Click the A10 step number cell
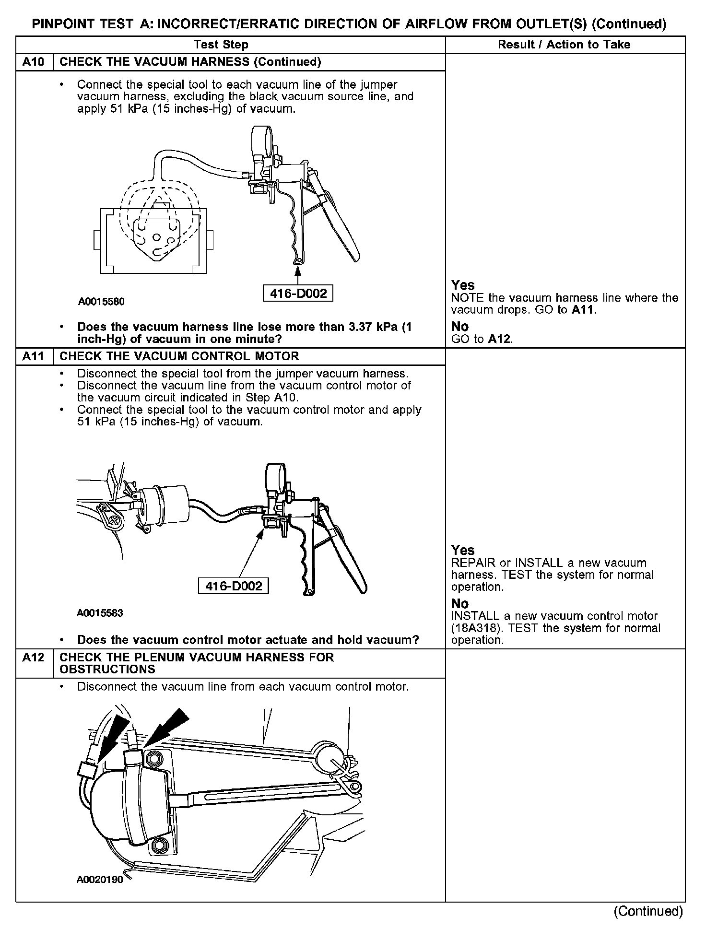pyautogui.click(x=33, y=62)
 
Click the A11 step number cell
pyautogui.click(x=33, y=356)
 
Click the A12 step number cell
pyautogui.click(x=33, y=658)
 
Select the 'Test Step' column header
pyautogui.click(x=221, y=45)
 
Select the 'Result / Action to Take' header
pyautogui.click(x=564, y=45)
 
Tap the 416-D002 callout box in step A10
pyautogui.click(x=298, y=294)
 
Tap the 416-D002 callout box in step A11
pyautogui.click(x=234, y=586)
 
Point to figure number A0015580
pyautogui.click(x=101, y=302)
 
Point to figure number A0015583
pyautogui.click(x=100, y=613)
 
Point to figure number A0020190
pyautogui.click(x=100, y=880)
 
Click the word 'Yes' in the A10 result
pyautogui.click(x=463, y=285)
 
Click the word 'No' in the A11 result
pyautogui.click(x=459, y=603)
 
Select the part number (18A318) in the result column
pyautogui.click(x=474, y=628)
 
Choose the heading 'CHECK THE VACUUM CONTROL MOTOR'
pyautogui.click(x=179, y=356)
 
